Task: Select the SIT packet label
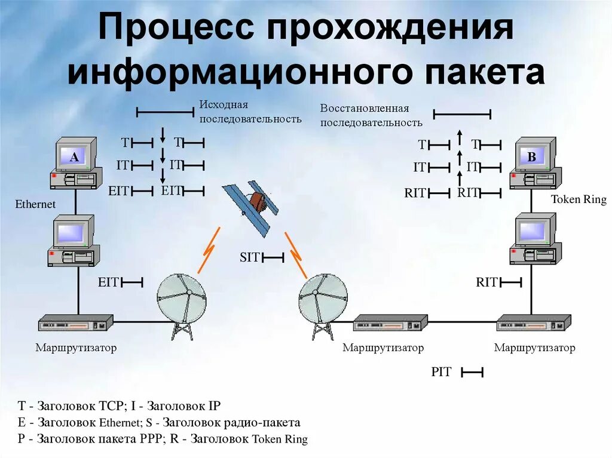pos(250,257)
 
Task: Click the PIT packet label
pos(441,372)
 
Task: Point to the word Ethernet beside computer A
pos(35,204)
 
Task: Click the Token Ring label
pos(578,199)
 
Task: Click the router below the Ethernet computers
pos(76,323)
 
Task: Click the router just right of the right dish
pos(390,324)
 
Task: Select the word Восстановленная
pos(364,108)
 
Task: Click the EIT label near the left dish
pos(109,282)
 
